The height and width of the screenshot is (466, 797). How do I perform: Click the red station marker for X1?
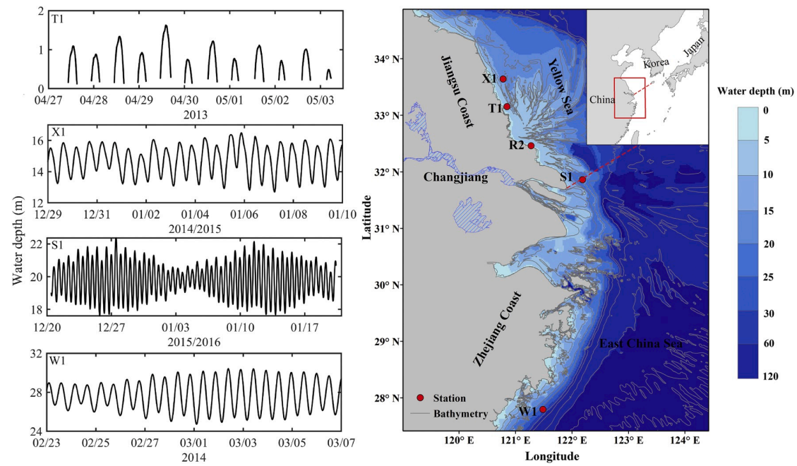(x=503, y=78)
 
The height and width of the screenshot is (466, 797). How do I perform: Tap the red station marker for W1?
(x=543, y=409)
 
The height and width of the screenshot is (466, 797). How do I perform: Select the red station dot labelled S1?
(x=582, y=179)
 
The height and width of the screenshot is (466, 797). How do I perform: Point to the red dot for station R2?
(x=531, y=145)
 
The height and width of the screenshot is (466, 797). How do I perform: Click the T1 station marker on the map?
(x=507, y=107)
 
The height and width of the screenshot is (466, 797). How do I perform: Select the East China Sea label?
(x=641, y=344)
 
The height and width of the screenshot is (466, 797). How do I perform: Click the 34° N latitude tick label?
(x=386, y=59)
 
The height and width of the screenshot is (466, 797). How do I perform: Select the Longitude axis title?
(x=552, y=456)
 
